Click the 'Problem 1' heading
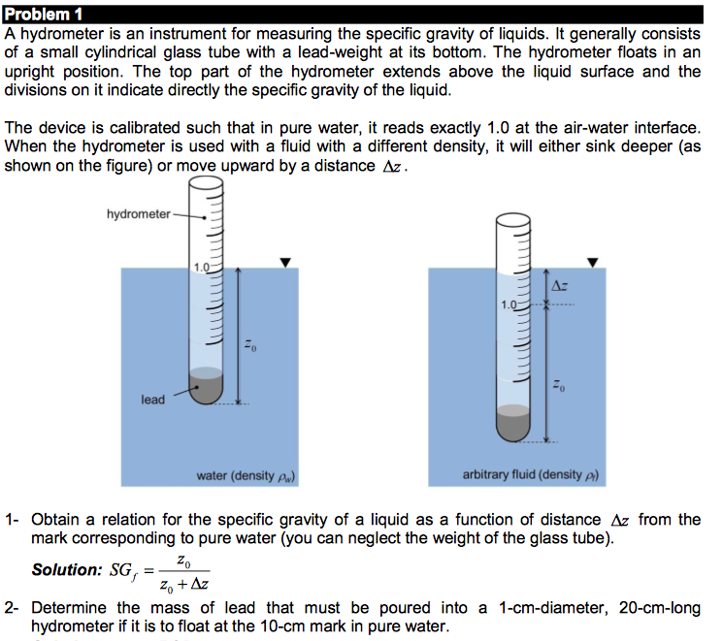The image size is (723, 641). (x=44, y=14)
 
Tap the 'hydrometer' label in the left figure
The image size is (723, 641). (x=138, y=213)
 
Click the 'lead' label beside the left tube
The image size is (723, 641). (x=152, y=400)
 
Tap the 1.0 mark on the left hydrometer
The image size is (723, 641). (x=201, y=268)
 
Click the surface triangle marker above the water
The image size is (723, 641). (x=284, y=262)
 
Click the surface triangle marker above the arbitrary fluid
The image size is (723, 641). (x=593, y=262)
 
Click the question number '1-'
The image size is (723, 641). (x=13, y=520)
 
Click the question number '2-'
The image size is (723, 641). (x=13, y=608)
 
